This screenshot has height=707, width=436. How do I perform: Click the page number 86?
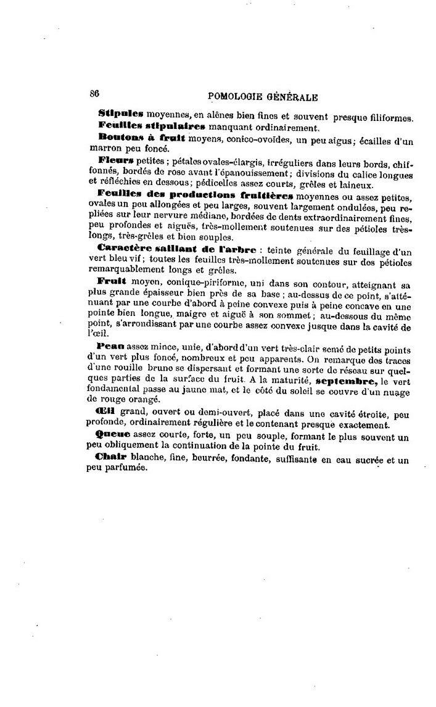coord(94,94)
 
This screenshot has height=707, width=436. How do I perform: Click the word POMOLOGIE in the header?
coord(237,96)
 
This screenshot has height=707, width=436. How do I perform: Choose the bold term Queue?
coord(113,434)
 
